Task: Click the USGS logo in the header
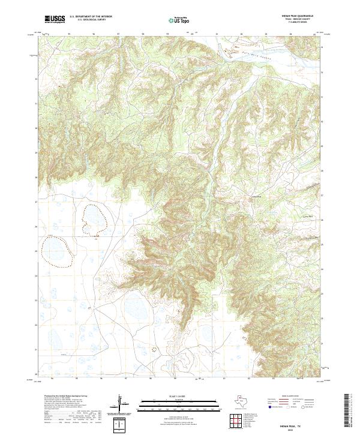click(x=55, y=20)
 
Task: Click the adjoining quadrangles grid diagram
click(x=237, y=422)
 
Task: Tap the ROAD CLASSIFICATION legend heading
click(x=296, y=397)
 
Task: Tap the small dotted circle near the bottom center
click(x=154, y=348)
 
